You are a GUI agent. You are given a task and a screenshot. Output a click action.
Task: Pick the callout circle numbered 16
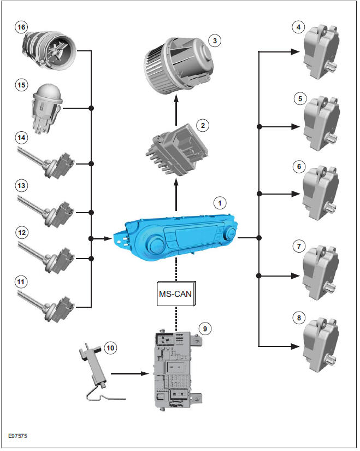tap(21, 27)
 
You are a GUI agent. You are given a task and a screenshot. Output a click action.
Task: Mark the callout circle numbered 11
tap(21, 282)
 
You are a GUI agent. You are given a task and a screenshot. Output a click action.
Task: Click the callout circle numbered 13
tap(21, 186)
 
